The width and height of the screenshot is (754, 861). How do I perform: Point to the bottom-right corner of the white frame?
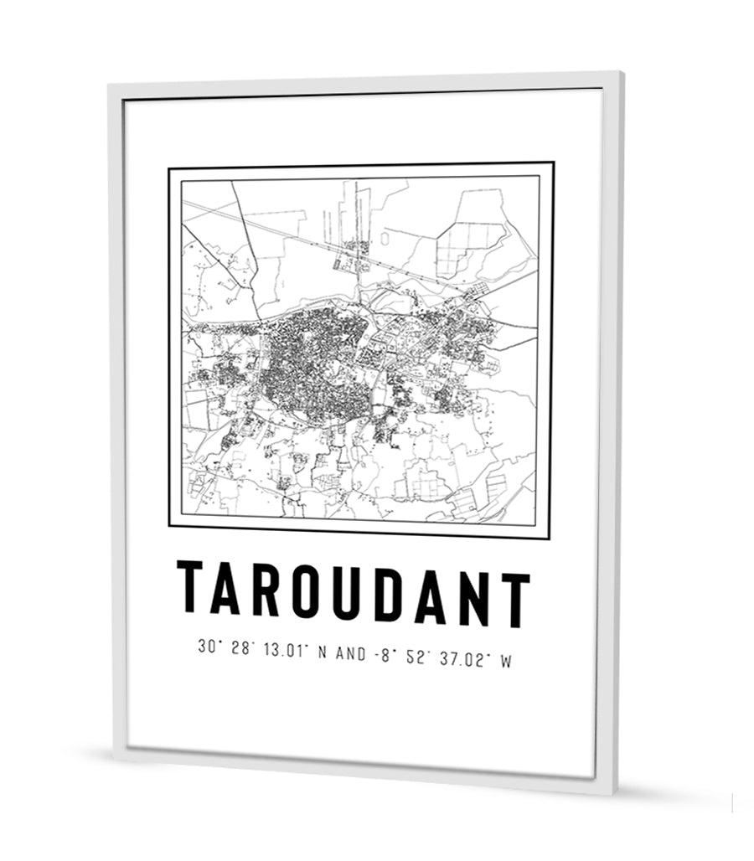coord(614,792)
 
